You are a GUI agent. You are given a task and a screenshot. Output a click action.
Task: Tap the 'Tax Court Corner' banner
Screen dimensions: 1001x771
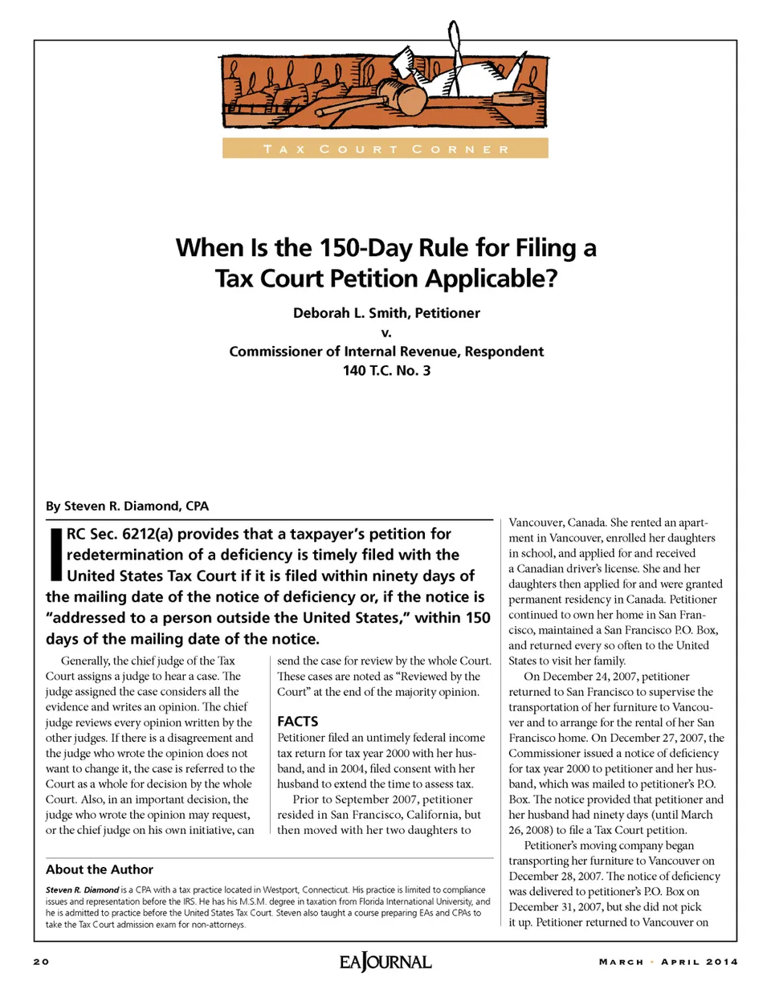tap(385, 149)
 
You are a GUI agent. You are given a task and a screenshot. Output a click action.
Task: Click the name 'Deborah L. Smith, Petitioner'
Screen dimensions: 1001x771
tap(386, 313)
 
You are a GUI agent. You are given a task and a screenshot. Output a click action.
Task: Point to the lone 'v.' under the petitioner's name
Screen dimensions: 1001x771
tap(386, 332)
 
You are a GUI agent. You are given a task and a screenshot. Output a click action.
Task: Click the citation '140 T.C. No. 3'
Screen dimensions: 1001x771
tap(386, 371)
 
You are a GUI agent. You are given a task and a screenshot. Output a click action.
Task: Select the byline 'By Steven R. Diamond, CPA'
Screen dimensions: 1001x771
tap(127, 506)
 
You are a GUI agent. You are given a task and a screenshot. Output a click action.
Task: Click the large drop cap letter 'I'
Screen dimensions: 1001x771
tap(55, 554)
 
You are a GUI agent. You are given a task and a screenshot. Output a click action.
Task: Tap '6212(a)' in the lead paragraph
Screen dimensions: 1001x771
tap(148, 534)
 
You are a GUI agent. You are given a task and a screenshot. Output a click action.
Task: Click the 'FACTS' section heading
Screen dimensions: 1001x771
tap(298, 721)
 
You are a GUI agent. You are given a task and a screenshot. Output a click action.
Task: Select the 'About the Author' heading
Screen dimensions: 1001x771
tap(100, 869)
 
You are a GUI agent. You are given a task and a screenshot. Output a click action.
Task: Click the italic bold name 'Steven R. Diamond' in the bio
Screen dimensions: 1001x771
tap(83, 889)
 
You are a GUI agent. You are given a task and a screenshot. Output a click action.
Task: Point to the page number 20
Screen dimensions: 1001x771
tap(41, 962)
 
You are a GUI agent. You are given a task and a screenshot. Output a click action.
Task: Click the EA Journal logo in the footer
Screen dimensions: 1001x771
tap(385, 962)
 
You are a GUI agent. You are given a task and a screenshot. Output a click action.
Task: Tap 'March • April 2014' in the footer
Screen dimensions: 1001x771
tap(668, 962)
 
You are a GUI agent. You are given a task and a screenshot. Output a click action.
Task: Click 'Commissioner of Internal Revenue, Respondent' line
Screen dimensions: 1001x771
tap(386, 352)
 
